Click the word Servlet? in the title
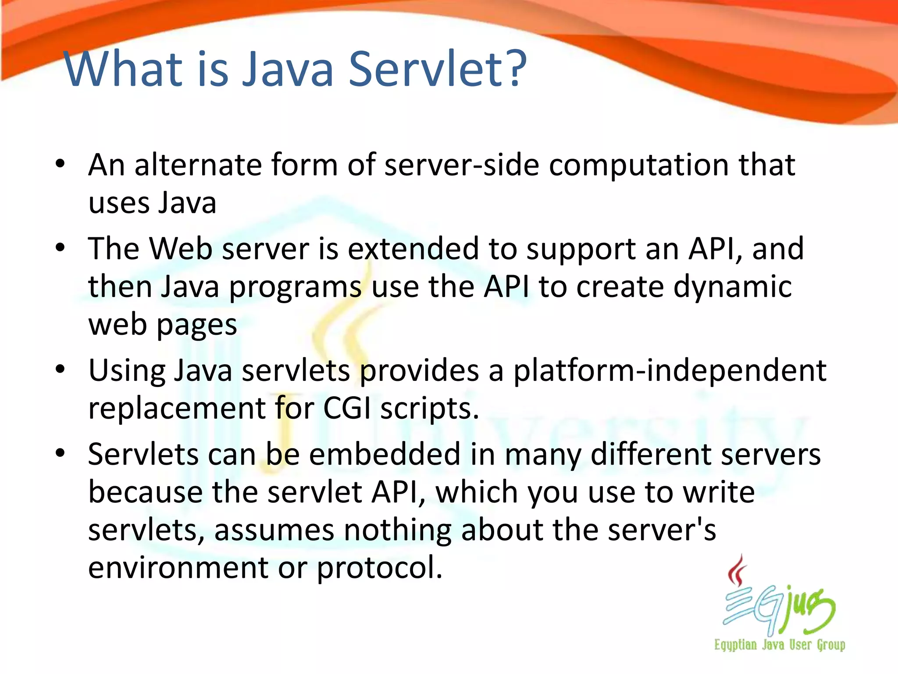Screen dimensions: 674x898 pos(438,69)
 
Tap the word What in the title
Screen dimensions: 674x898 pos(123,69)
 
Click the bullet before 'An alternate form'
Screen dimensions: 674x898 pos(61,164)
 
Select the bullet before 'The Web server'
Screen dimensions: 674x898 pos(61,248)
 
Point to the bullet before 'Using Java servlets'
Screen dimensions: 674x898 pos(61,369)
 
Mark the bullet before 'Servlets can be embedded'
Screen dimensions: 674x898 pos(61,453)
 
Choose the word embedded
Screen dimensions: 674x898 pos(385,454)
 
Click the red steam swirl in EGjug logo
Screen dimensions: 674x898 pos(738,570)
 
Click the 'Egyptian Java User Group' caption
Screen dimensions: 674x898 pos(779,645)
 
